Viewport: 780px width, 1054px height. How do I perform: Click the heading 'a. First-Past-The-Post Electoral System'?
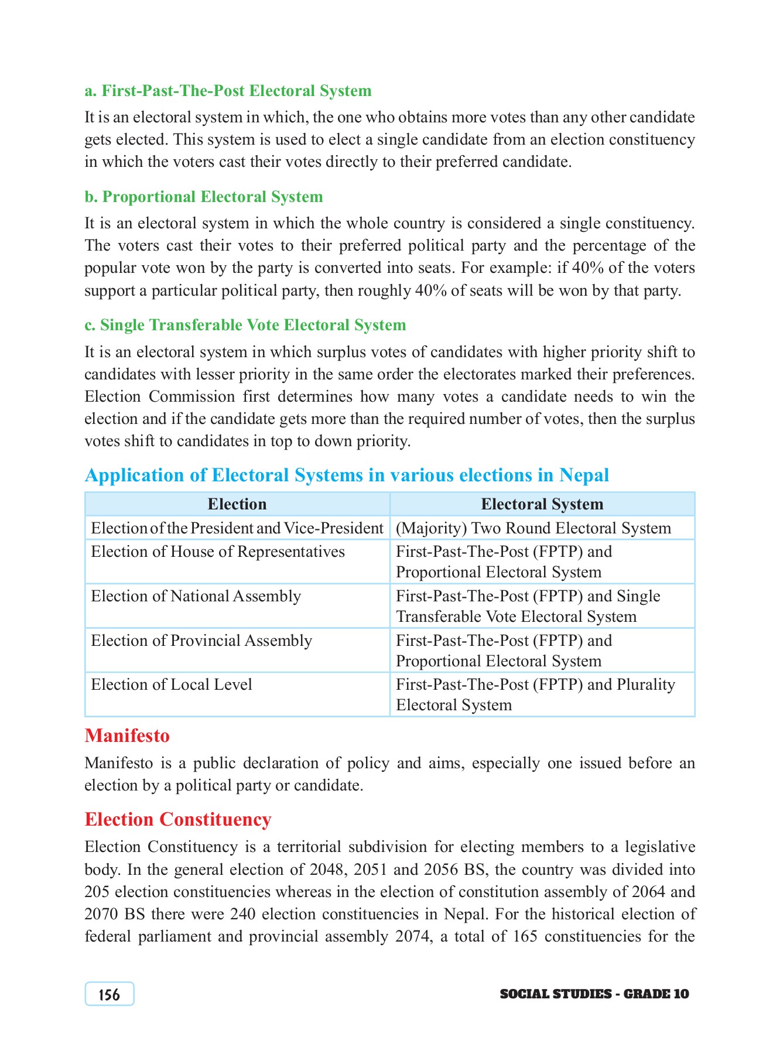228,91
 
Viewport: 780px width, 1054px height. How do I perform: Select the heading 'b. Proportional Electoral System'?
204,197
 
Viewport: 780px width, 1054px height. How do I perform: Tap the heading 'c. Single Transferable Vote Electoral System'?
245,325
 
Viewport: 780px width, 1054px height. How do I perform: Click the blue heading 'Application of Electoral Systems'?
347,475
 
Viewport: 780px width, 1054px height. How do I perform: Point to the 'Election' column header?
237,504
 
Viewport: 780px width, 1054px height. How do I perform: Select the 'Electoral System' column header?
542,504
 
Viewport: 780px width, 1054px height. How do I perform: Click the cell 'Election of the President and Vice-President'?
237,528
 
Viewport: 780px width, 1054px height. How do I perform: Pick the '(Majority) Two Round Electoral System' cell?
533,528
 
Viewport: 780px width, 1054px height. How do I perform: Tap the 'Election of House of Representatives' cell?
218,552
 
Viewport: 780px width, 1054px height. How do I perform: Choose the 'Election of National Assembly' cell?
196,596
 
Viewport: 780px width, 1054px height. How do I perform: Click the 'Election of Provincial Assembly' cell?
201,641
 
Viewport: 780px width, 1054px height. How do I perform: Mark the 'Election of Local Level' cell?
172,685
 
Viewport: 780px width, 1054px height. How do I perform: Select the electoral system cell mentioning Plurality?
535,694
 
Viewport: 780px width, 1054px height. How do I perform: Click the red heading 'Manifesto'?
127,735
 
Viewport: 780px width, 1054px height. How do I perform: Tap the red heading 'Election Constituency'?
178,819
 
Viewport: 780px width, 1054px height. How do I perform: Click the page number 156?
110,994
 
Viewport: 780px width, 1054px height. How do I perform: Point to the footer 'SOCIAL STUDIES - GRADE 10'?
594,994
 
